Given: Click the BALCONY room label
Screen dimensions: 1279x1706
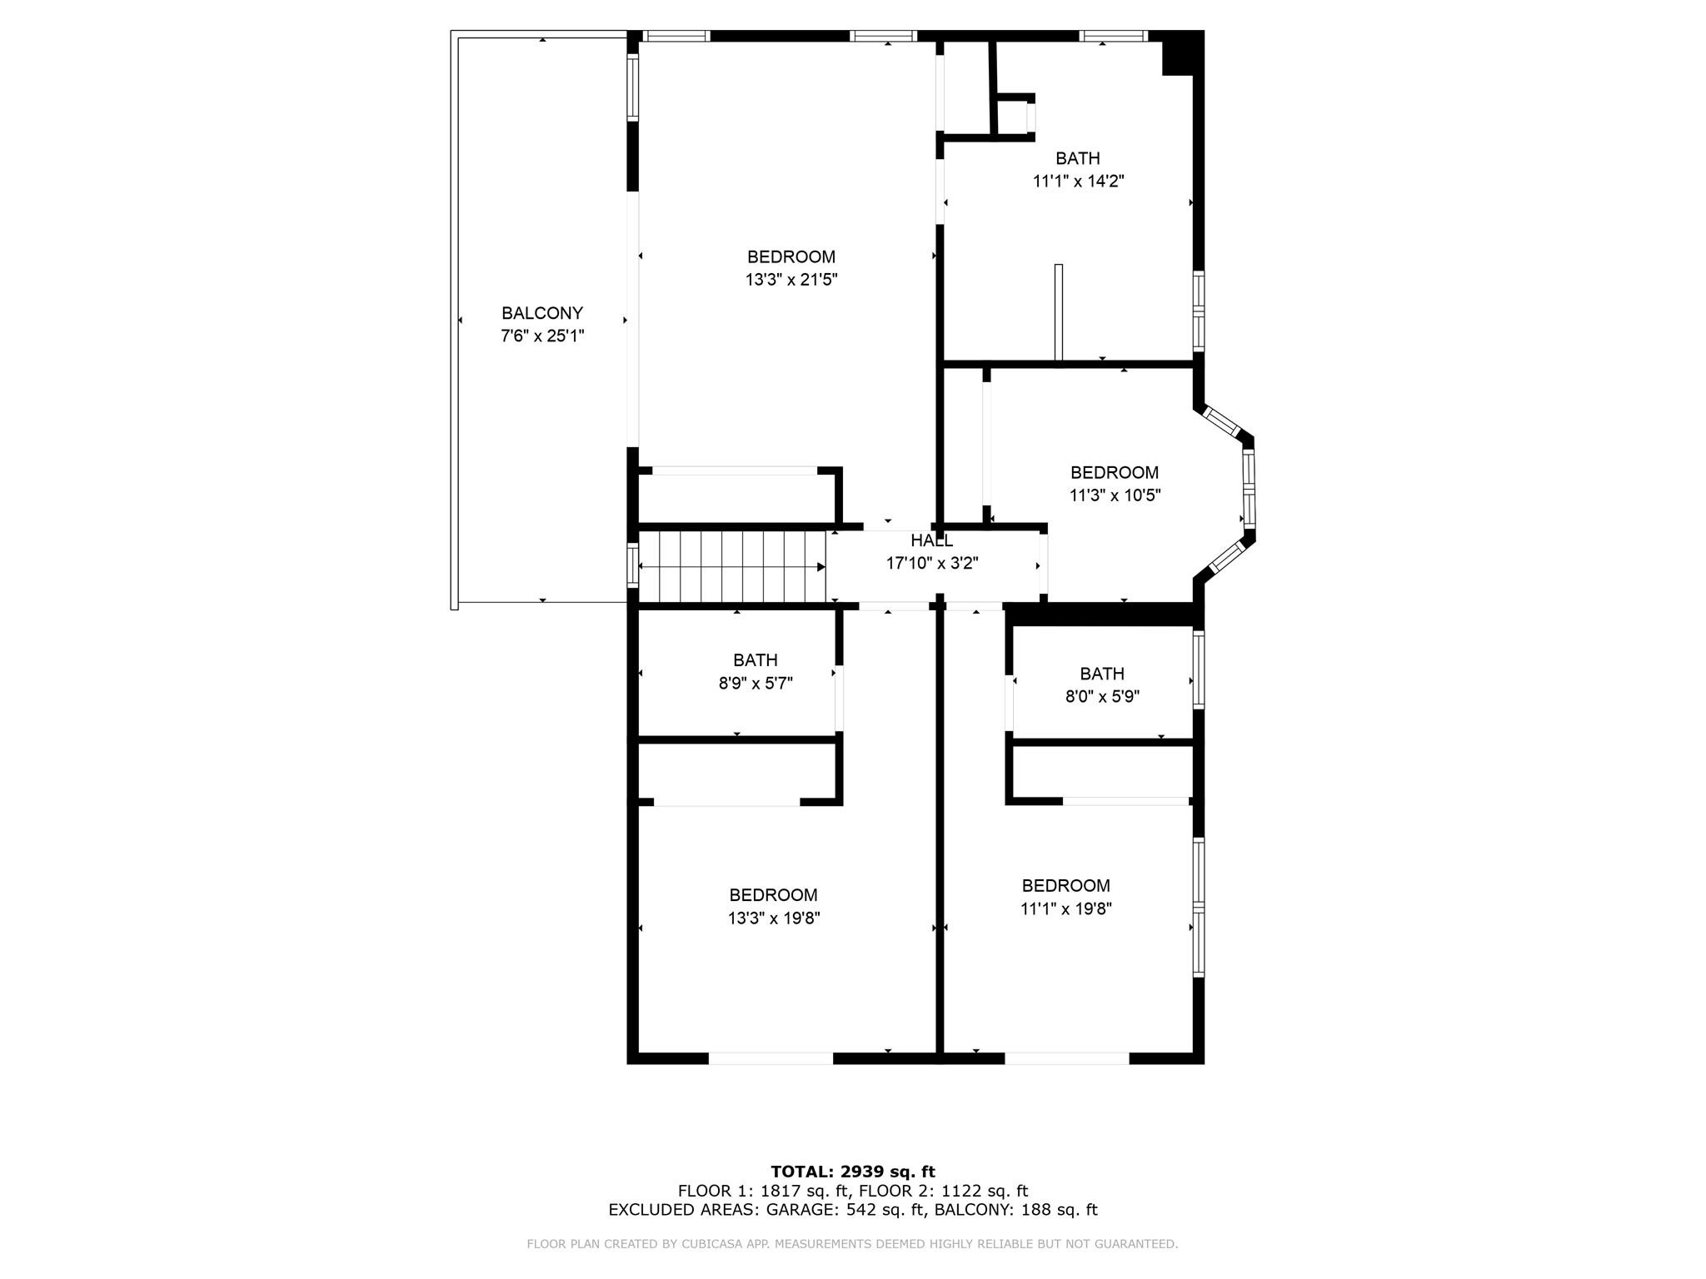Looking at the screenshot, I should click(x=541, y=314).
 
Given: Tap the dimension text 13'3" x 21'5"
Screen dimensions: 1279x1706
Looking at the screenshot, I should click(x=791, y=280).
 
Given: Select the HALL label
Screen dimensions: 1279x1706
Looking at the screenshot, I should click(x=931, y=541).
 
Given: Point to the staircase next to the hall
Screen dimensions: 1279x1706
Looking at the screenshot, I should click(x=732, y=566).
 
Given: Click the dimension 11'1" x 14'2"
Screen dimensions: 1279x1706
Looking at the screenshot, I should click(x=1078, y=182).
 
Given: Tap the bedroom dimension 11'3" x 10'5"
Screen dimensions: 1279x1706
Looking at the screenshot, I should click(x=1115, y=495).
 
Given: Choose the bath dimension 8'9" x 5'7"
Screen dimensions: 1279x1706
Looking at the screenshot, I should click(x=755, y=684).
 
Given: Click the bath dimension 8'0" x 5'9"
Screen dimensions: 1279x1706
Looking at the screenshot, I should click(x=1102, y=697).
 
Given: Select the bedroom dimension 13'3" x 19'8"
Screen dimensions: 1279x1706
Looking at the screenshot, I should click(x=773, y=918).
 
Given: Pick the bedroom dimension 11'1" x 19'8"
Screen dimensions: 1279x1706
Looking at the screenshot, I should click(x=1065, y=908).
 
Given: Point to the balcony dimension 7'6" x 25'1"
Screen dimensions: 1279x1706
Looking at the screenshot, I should click(x=541, y=336).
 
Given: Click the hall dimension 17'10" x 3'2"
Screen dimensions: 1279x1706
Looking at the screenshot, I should click(x=931, y=564).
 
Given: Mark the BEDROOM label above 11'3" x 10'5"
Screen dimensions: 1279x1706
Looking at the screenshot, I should click(x=1114, y=473).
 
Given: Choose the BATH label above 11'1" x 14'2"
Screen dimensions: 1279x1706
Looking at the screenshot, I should click(x=1077, y=158).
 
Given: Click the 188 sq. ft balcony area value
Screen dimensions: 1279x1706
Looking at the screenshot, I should click(x=1058, y=1210).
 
